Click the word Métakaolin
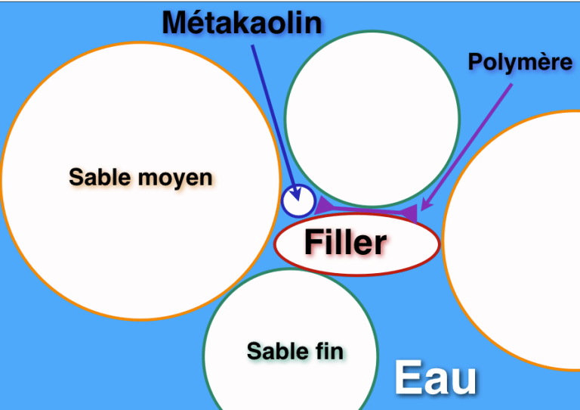pos(242,23)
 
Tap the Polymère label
pos(520,62)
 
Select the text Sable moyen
pos(140,178)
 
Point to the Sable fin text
pos(295,351)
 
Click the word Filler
pos(345,244)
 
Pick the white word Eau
pos(436,378)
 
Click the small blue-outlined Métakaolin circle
pos(298,200)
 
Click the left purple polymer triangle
pos(323,203)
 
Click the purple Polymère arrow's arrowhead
pos(425,205)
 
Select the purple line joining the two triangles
pos(366,210)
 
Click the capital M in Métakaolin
pos(176,23)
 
